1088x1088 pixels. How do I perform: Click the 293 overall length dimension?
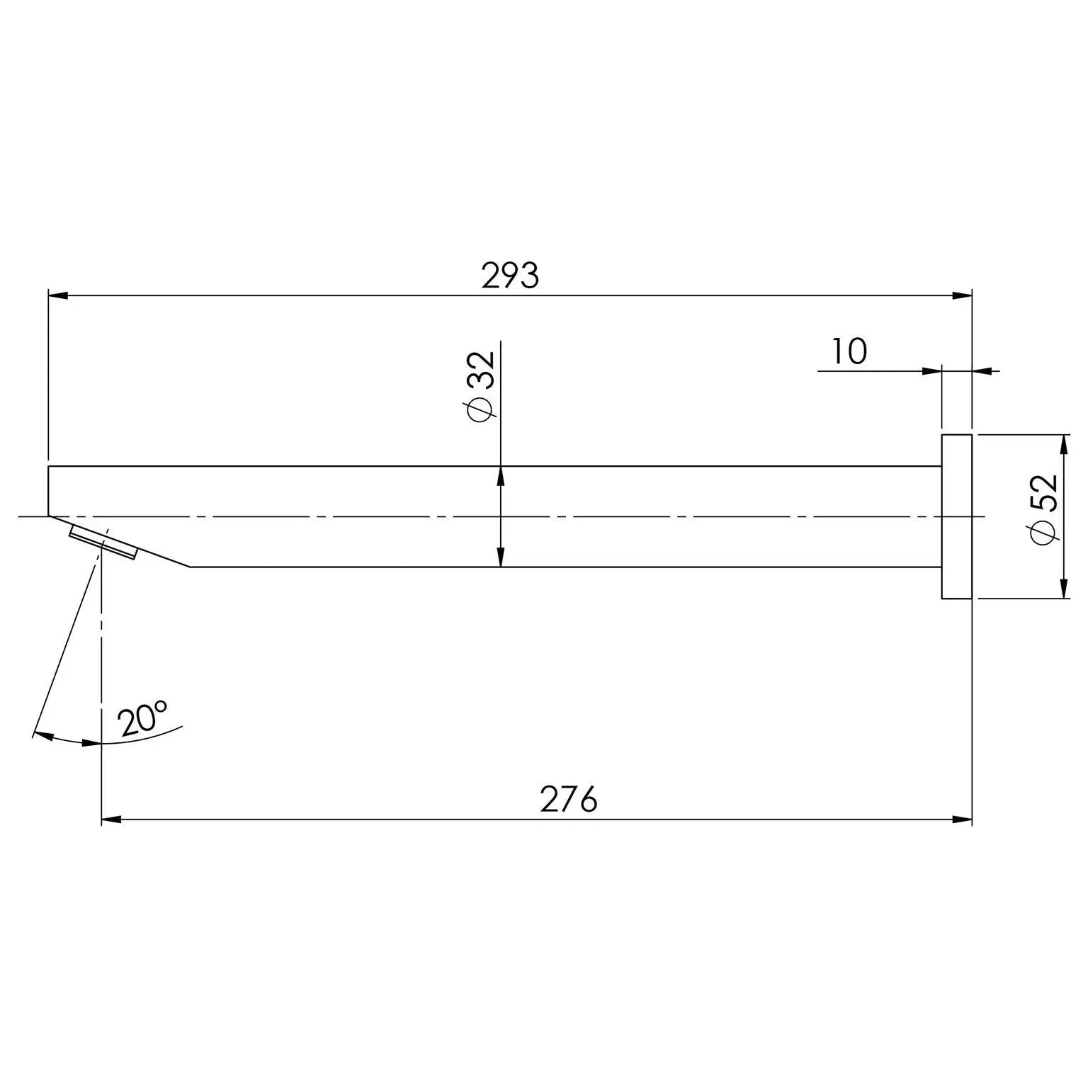click(510, 276)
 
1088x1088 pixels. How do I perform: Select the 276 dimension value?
click(569, 800)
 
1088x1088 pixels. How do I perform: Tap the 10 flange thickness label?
click(849, 351)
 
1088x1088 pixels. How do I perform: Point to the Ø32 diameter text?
click(480, 386)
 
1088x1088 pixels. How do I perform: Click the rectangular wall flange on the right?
click(956, 516)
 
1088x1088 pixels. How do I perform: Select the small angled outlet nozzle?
click(103, 543)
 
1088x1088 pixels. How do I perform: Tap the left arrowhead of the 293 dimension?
click(57, 295)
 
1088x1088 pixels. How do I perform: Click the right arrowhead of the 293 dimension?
click(962, 295)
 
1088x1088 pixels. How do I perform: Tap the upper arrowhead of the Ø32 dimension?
click(501, 476)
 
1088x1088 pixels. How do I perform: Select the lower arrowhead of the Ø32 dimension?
click(501, 557)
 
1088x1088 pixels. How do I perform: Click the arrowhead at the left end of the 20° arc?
click(42, 735)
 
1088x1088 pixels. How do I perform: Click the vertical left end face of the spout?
click(48, 491)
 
